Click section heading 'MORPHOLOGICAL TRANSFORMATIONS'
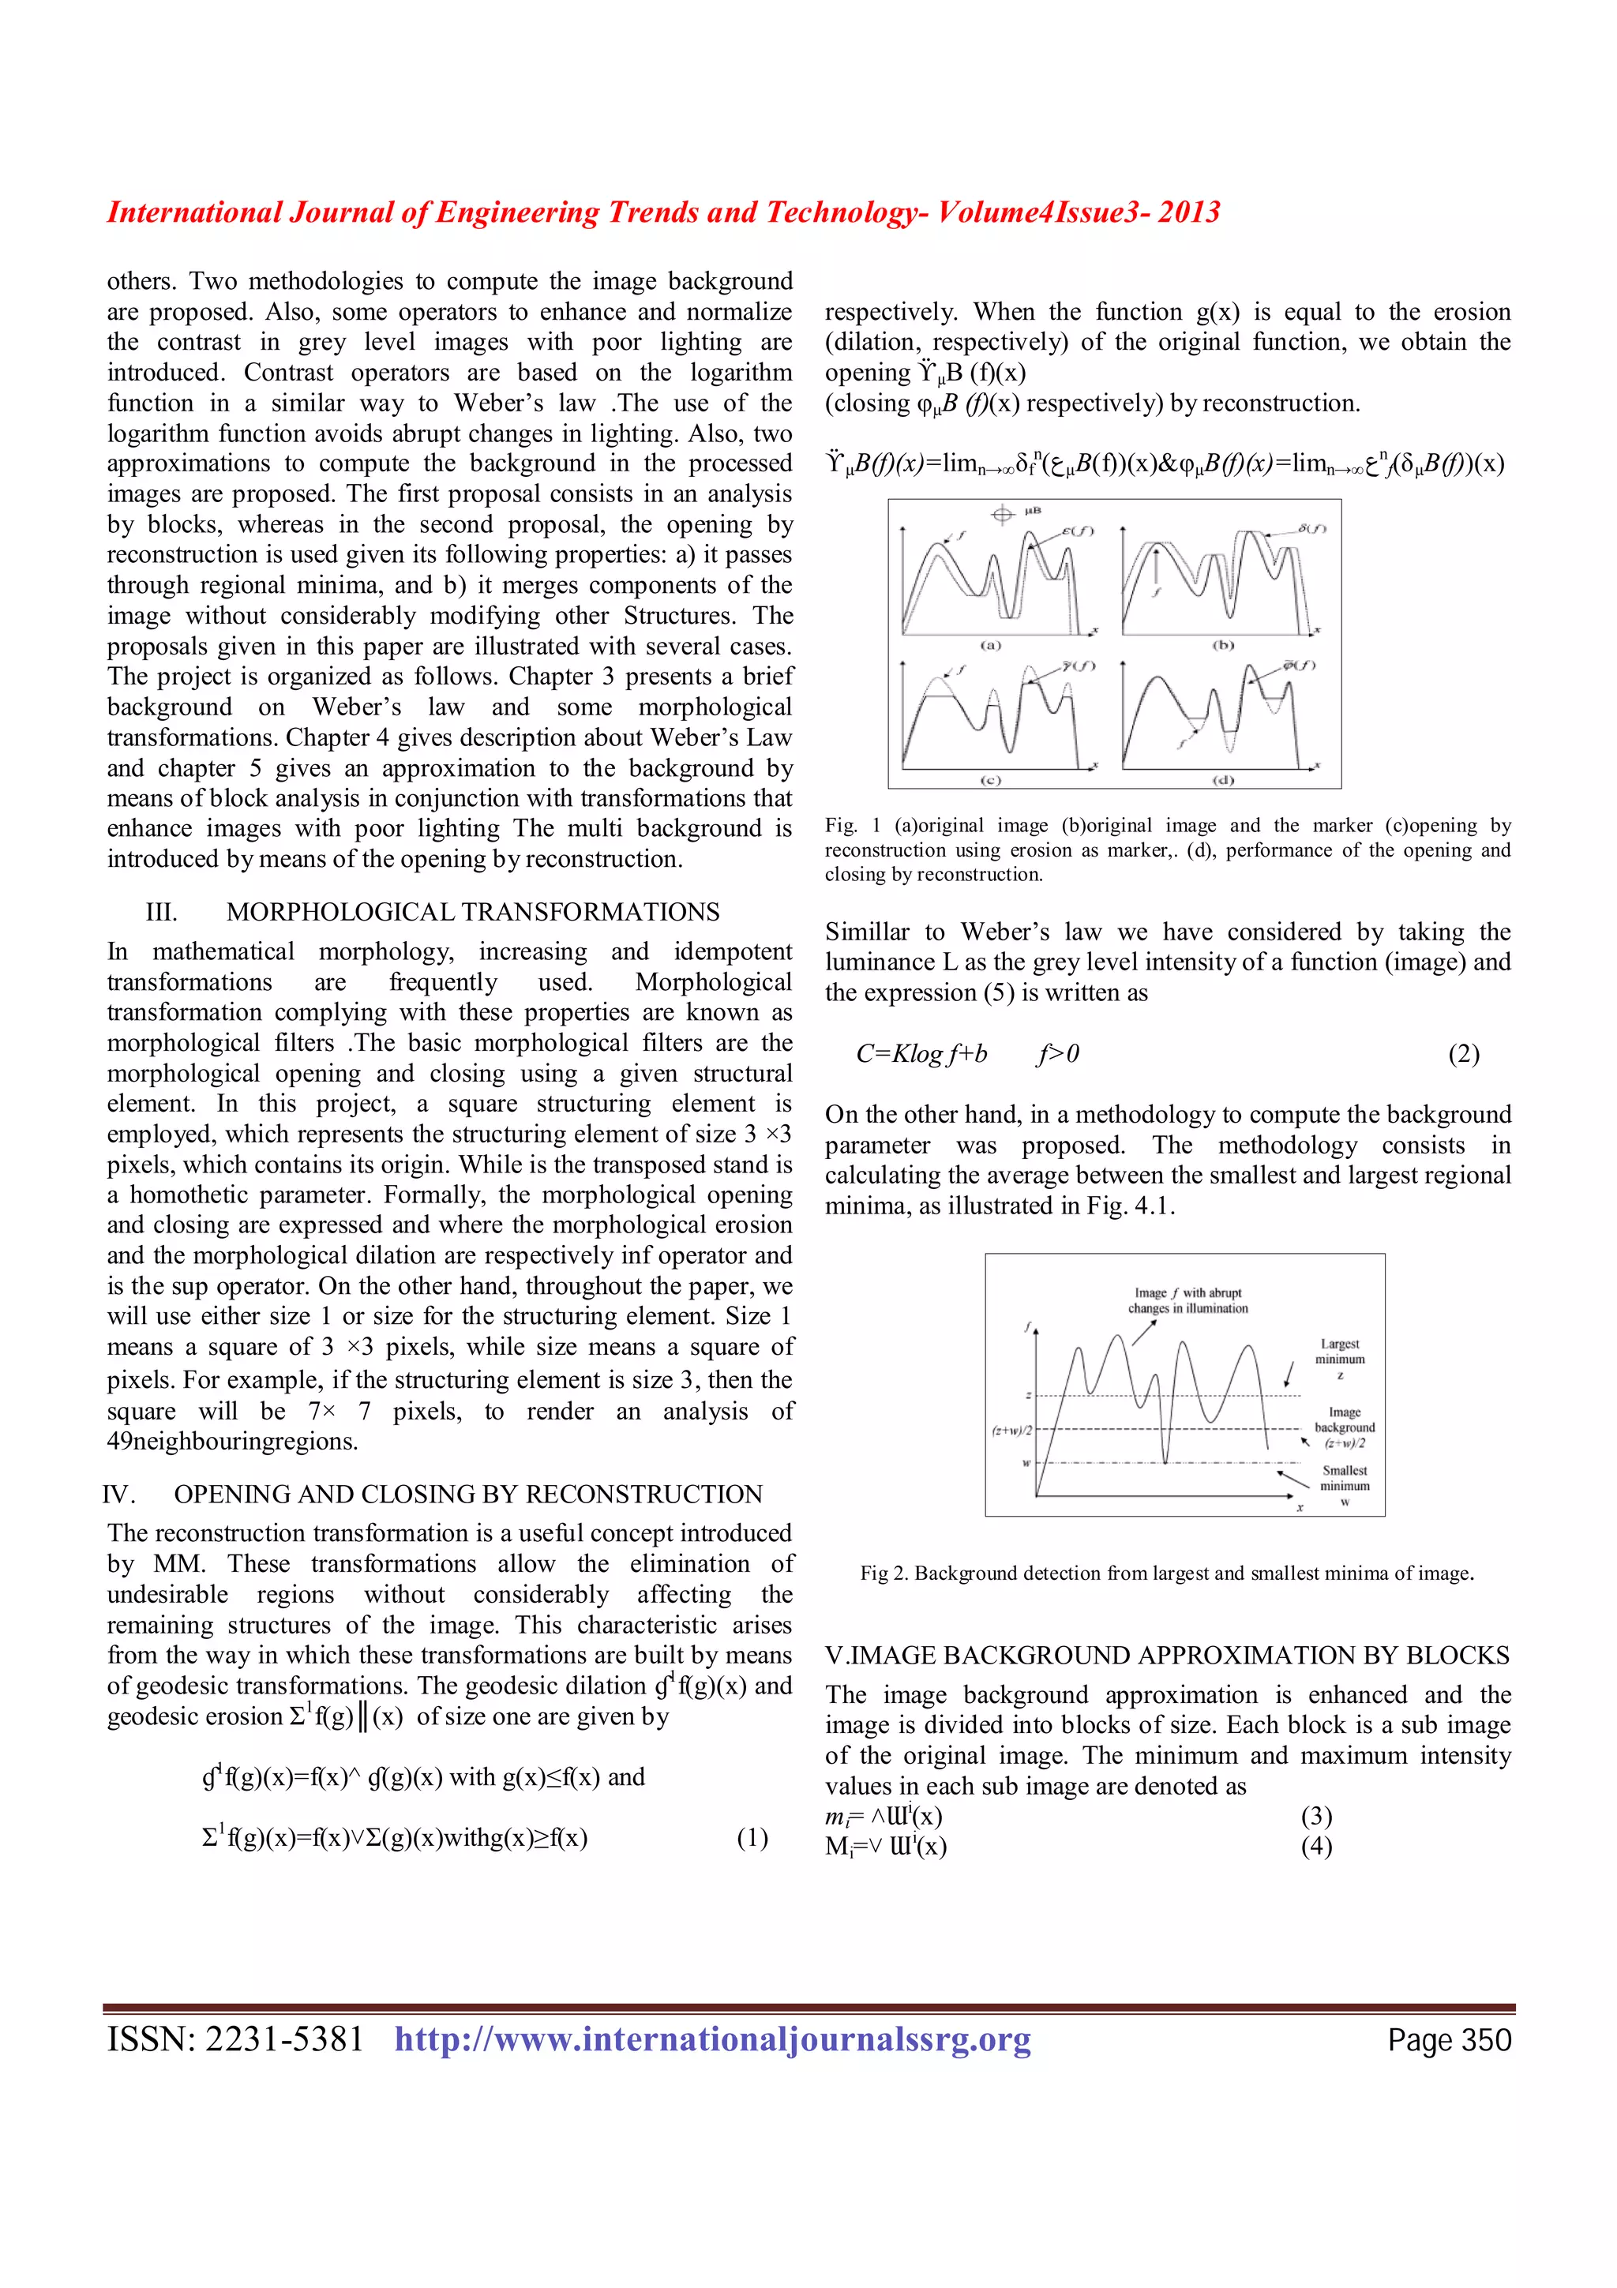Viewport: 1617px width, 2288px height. point(472,912)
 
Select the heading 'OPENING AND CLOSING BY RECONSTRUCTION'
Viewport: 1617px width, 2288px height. point(468,1494)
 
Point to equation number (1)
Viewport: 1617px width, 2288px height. point(752,1837)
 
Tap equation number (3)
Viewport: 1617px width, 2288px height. point(1315,1816)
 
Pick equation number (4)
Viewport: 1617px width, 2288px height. point(1315,1847)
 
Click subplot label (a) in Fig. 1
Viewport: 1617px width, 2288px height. point(990,646)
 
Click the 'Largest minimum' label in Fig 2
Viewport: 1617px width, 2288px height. point(1340,1352)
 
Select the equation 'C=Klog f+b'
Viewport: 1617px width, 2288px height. point(921,1054)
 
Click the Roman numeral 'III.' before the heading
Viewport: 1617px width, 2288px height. point(161,912)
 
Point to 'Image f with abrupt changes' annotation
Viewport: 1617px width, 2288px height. point(1187,1300)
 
